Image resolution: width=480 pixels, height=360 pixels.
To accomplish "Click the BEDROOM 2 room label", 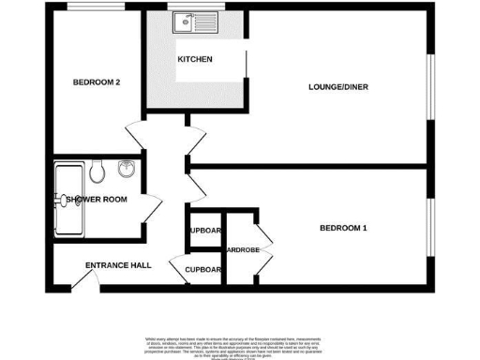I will [97, 82].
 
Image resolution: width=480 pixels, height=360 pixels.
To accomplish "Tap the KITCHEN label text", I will [195, 60].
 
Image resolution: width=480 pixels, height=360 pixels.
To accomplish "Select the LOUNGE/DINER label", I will [337, 87].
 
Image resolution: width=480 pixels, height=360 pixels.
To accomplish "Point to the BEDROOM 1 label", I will [343, 229].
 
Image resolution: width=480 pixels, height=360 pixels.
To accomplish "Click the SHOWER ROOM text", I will [96, 199].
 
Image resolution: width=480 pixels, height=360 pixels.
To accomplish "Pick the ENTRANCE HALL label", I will [118, 265].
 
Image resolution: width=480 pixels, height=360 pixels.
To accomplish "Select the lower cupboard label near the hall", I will [202, 270].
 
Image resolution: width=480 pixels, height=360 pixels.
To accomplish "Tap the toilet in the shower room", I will [97, 171].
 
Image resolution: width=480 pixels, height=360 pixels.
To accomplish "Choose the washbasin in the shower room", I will [127, 171].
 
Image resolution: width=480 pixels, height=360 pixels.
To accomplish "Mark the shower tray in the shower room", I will [67, 199].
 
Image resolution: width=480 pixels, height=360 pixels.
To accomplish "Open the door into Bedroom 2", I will [133, 137].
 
